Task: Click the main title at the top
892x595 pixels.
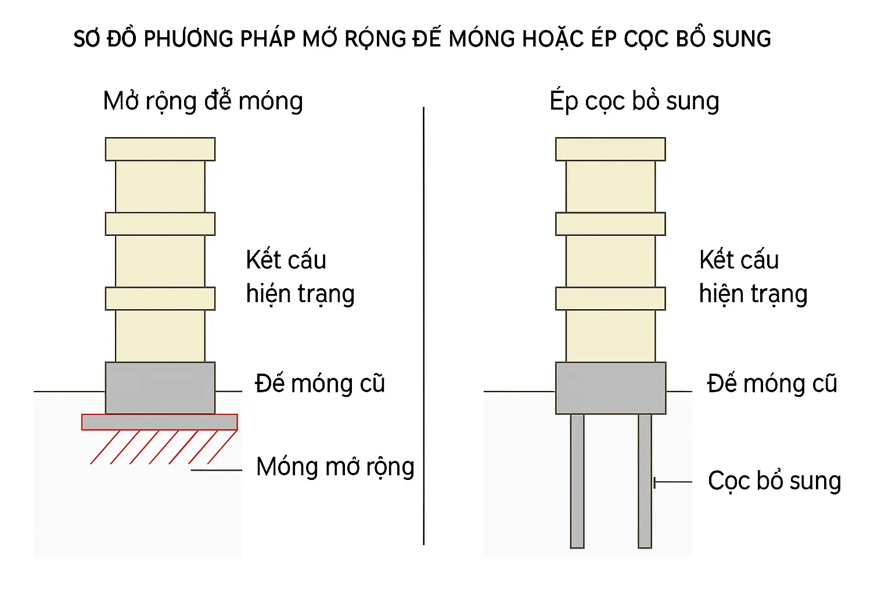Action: (422, 39)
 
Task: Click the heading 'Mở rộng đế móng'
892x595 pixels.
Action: (203, 101)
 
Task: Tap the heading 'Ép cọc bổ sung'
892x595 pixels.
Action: (634, 101)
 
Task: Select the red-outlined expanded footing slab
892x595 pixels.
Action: (159, 422)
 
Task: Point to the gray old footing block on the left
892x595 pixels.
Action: (160, 388)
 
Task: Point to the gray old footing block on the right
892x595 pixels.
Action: (610, 388)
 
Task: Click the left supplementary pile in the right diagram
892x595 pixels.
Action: (577, 481)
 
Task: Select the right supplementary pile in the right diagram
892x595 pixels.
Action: (645, 481)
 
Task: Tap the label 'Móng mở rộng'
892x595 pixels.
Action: (335, 467)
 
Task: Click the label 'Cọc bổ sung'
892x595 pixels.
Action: (774, 481)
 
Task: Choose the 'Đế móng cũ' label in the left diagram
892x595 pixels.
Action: (320, 384)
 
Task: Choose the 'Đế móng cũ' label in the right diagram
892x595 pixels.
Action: (772, 384)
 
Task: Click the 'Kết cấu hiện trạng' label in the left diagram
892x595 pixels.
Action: (300, 277)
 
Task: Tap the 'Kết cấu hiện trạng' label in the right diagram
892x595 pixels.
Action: (753, 277)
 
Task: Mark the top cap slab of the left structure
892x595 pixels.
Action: (160, 149)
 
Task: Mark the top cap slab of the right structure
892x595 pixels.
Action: (610, 149)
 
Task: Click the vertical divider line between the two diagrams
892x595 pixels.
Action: (424, 325)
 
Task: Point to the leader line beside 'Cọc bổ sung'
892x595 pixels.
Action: (674, 482)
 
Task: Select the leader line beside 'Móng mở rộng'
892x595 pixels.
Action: (216, 470)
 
